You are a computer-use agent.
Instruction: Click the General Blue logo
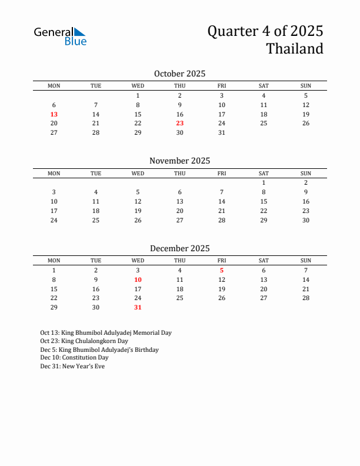click(60, 36)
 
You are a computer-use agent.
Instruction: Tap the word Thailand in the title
click(295, 49)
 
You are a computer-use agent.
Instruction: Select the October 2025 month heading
click(179, 74)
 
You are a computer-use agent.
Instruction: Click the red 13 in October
click(54, 114)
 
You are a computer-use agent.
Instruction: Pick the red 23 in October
click(180, 124)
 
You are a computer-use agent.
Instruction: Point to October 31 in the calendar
click(222, 133)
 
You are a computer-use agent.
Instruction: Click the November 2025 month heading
click(179, 161)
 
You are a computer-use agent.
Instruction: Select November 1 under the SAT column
click(264, 183)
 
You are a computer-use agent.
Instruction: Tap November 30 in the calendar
click(306, 221)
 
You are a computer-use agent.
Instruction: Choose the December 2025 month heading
click(179, 248)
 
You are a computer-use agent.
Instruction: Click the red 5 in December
click(222, 271)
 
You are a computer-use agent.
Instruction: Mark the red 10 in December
click(138, 280)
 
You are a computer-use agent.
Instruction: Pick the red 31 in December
click(138, 308)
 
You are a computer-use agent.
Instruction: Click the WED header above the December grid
click(138, 261)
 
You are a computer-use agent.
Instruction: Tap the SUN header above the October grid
click(306, 86)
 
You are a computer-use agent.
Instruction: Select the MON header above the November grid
click(54, 174)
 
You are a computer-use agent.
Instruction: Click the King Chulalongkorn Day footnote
click(84, 341)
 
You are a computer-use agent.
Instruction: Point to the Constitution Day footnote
click(74, 358)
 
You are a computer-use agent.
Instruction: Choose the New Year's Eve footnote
click(72, 366)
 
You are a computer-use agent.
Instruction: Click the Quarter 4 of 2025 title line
click(265, 31)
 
